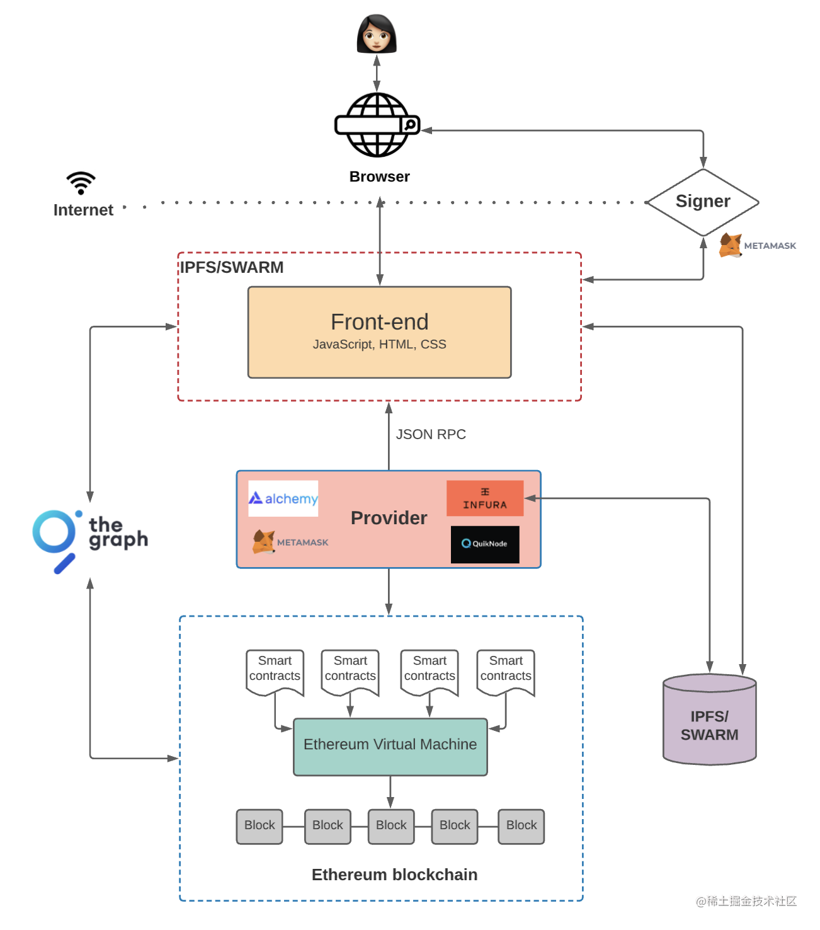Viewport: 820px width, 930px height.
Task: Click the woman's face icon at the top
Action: (377, 34)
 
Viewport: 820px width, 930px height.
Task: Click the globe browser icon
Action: (377, 125)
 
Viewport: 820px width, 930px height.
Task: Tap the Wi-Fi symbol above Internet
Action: (81, 183)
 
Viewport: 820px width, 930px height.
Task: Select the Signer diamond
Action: (703, 202)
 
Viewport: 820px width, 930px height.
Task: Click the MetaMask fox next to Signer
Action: (731, 245)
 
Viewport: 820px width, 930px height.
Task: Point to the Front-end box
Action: (379, 332)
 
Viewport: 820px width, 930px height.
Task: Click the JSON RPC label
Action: (431, 434)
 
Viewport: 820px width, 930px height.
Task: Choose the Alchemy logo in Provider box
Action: (283, 498)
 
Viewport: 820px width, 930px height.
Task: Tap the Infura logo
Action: (485, 498)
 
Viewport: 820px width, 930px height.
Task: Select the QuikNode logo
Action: (485, 544)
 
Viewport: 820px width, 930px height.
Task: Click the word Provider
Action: (389, 518)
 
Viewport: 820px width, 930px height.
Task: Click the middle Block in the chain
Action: (391, 826)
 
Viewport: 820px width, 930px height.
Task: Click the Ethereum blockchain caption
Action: (394, 875)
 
